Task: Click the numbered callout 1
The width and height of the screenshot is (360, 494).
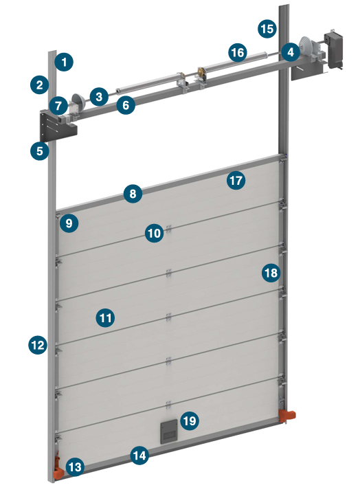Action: [x=64, y=62]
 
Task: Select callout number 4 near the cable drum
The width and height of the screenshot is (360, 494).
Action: [x=291, y=52]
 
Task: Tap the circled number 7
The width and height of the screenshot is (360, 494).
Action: [x=58, y=106]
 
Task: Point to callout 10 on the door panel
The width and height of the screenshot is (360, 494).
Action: [x=155, y=233]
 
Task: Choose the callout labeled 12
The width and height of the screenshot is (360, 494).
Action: [x=38, y=345]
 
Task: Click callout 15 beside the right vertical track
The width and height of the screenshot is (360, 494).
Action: [x=267, y=29]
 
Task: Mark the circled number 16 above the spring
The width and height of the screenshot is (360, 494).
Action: [x=238, y=53]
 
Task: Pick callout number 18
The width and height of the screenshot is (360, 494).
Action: [x=271, y=273]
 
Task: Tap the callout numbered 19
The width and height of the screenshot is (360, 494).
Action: [x=190, y=420]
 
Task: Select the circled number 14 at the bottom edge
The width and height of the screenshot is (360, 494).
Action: [x=139, y=456]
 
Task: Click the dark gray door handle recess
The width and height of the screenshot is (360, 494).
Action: [x=169, y=431]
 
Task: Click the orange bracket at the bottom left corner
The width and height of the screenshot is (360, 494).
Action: [x=58, y=471]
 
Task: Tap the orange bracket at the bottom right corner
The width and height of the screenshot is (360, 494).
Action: [x=287, y=416]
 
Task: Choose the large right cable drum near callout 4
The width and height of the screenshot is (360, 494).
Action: [x=307, y=47]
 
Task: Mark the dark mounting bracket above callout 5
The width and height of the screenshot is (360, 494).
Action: [x=57, y=126]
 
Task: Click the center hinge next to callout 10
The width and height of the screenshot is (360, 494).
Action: [x=169, y=229]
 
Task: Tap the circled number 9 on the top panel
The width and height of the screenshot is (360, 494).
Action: [x=69, y=223]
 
